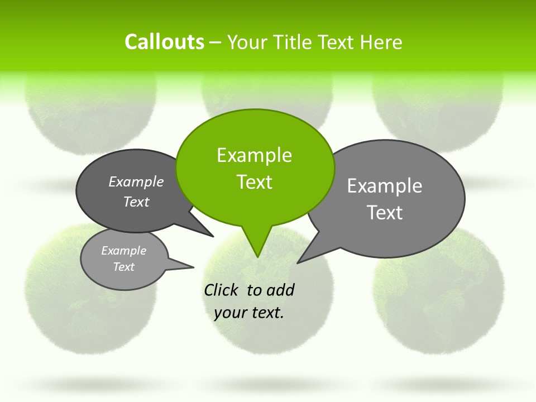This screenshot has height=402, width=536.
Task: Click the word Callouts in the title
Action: pos(164,42)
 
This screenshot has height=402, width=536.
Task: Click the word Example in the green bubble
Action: pos(254,155)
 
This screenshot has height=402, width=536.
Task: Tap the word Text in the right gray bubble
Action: pos(385,213)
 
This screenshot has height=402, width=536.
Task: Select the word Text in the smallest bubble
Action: pos(124,267)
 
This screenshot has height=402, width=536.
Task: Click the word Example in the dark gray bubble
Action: pos(136,182)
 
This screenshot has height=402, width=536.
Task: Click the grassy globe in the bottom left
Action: pos(61,301)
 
